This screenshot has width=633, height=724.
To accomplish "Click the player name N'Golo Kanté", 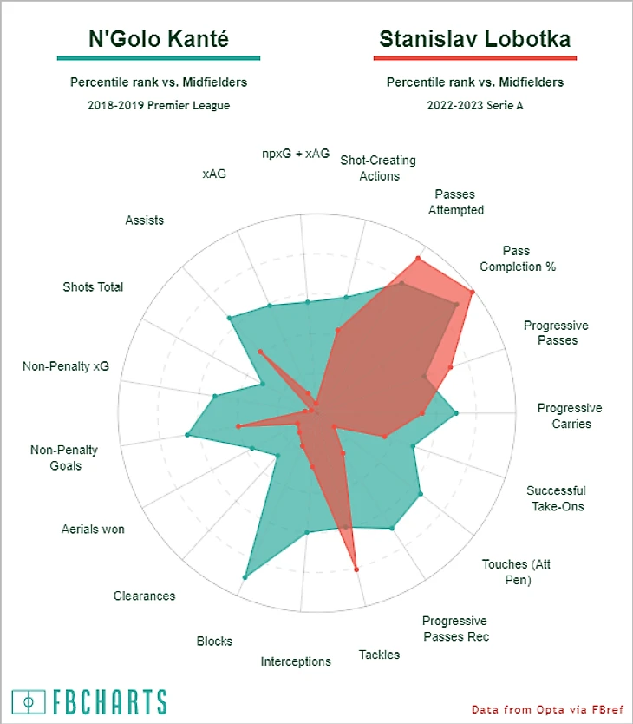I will tap(158, 39).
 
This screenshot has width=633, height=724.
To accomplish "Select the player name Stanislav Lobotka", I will tap(474, 39).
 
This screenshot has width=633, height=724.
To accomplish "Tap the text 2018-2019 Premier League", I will tap(159, 104).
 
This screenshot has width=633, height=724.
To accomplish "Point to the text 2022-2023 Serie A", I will tap(474, 104).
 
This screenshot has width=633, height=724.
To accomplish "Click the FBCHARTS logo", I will tap(88, 701).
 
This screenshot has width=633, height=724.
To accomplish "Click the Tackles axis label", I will tap(379, 655).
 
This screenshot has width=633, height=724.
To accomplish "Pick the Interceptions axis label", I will tap(296, 661).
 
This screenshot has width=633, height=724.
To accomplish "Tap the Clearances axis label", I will tap(144, 596).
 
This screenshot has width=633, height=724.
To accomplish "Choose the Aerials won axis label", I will tap(93, 529).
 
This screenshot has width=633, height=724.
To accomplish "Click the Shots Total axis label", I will tap(93, 286).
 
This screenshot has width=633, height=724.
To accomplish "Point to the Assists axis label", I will tap(144, 220).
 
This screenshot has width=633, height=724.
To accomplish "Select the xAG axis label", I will tap(214, 174).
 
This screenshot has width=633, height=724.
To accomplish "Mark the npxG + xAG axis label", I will tap(296, 153).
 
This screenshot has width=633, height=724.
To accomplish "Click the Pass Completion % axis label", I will tap(518, 258).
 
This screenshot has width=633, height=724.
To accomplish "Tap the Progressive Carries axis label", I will tap(570, 416).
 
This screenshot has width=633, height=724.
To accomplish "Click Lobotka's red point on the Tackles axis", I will tap(356, 569).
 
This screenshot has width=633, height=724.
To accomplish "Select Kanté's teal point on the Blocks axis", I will tap(246, 577).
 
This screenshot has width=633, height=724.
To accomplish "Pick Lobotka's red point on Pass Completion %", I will tap(472, 293).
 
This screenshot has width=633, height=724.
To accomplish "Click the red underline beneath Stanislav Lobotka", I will tap(474, 59).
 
